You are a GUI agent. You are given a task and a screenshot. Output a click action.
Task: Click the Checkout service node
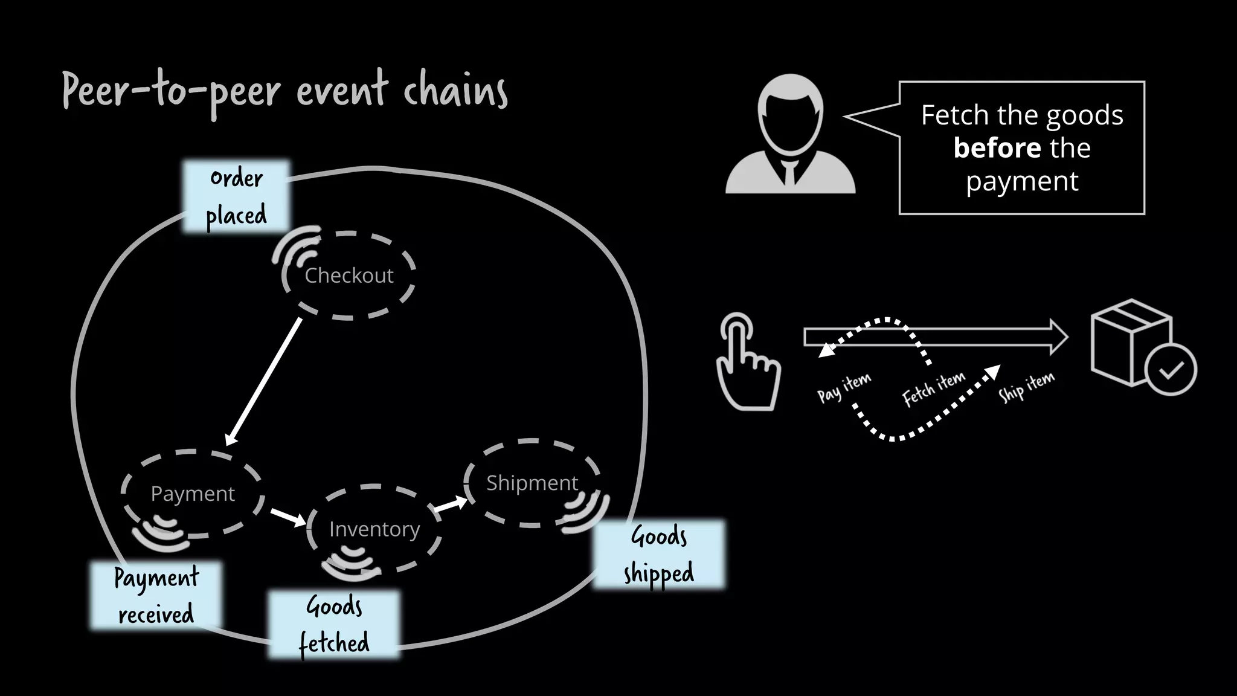[x=349, y=275]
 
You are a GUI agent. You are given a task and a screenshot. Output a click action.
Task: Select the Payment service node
[x=193, y=494]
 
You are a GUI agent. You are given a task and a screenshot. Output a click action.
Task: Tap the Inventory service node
[x=374, y=529]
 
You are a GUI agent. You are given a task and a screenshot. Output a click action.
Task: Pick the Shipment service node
[x=532, y=483]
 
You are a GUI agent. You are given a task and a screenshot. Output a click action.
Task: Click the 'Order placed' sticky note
[x=236, y=196]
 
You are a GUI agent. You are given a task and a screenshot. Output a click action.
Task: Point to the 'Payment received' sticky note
[x=156, y=596]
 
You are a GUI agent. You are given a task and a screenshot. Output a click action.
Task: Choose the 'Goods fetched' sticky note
[x=334, y=625]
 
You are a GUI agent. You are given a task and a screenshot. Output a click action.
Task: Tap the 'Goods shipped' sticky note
[x=659, y=554]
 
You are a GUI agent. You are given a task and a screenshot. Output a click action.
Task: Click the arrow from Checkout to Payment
[x=263, y=381]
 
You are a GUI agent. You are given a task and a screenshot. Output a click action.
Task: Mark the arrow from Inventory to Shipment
[x=451, y=504]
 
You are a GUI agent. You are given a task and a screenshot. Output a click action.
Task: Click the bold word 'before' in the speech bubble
[x=997, y=148]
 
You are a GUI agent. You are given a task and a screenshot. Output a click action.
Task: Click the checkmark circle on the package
[x=1171, y=369]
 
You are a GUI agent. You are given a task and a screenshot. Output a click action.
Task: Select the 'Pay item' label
[x=844, y=387]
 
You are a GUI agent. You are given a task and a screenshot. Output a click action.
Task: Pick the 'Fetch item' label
[x=934, y=388]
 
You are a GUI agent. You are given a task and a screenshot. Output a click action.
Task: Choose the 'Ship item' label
[x=1026, y=386]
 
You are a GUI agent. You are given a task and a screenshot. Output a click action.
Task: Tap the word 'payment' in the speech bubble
[x=1022, y=181]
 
